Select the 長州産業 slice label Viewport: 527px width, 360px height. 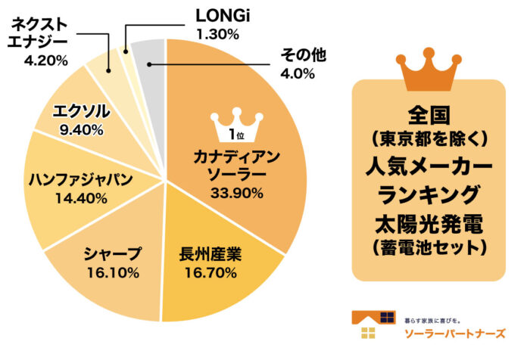pyautogui.click(x=210, y=253)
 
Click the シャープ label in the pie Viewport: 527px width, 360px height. pyautogui.click(x=112, y=252)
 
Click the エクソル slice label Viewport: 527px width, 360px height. pyautogui.click(x=81, y=112)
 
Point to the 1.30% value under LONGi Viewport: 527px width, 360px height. pyautogui.click(x=217, y=33)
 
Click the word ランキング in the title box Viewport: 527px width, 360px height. pyautogui.click(x=429, y=194)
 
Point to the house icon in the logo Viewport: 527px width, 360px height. pyautogui.click(x=373, y=324)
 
